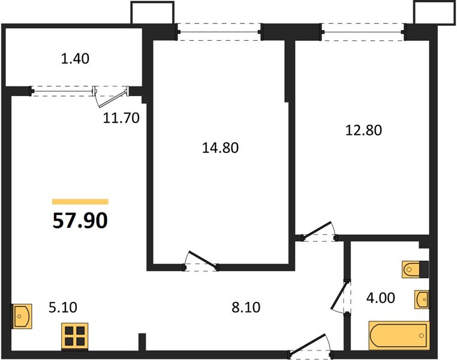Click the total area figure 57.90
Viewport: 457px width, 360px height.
click(x=80, y=220)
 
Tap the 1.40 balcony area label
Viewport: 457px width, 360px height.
click(x=75, y=59)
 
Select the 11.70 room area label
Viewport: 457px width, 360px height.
click(x=121, y=118)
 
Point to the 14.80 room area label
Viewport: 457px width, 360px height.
click(x=220, y=148)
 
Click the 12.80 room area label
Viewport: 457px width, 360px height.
click(x=363, y=130)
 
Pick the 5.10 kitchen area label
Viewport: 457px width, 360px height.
click(x=63, y=308)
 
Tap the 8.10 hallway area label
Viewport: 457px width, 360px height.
click(x=246, y=308)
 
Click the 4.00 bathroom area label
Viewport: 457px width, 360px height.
click(x=381, y=298)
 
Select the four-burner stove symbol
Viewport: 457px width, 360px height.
click(x=75, y=337)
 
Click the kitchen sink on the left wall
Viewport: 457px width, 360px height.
click(x=22, y=316)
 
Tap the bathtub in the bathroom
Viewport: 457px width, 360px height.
click(x=399, y=335)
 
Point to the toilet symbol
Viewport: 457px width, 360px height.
click(x=416, y=269)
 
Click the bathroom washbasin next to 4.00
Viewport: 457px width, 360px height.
click(x=422, y=299)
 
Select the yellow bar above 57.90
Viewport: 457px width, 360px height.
click(x=80, y=202)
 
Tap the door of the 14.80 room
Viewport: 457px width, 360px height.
click(x=202, y=261)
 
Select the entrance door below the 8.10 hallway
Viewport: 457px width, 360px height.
click(x=311, y=346)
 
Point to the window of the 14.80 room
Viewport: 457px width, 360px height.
click(x=219, y=32)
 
